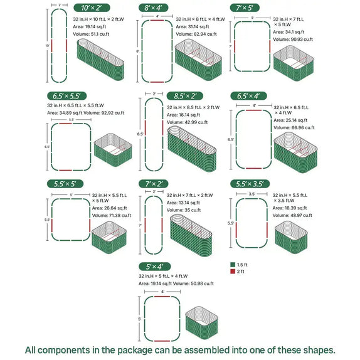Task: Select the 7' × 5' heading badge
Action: [x=245, y=8]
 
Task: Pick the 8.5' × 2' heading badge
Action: [x=183, y=96]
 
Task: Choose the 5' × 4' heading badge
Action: [x=154, y=266]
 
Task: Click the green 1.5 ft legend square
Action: [x=233, y=264]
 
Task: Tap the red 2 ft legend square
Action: [x=233, y=272]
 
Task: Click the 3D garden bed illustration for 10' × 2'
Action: [x=102, y=65]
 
